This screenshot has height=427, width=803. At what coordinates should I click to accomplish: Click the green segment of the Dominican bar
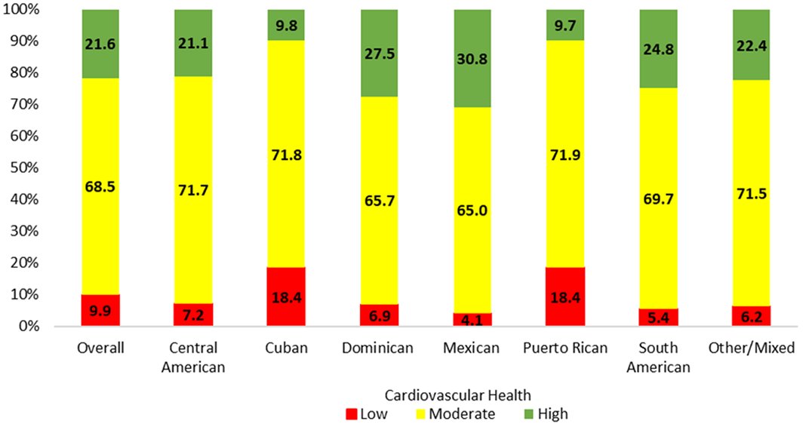(380, 53)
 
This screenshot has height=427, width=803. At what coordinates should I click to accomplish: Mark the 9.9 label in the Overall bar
(101, 310)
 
